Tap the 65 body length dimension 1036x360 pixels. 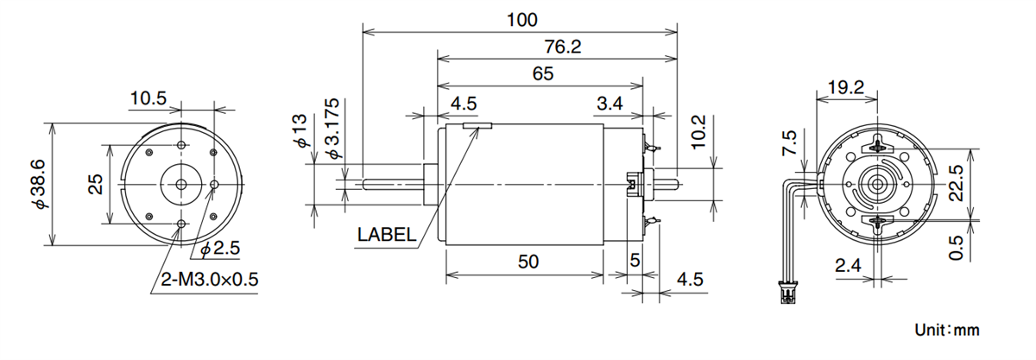(x=542, y=74)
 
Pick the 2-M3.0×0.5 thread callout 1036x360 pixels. (x=211, y=280)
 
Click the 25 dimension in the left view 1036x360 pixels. (x=96, y=184)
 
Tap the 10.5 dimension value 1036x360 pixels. (x=148, y=98)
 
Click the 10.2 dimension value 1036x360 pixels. (x=700, y=129)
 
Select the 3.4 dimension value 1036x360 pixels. (x=610, y=104)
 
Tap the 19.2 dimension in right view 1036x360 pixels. (x=847, y=86)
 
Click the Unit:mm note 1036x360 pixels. (x=947, y=331)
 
